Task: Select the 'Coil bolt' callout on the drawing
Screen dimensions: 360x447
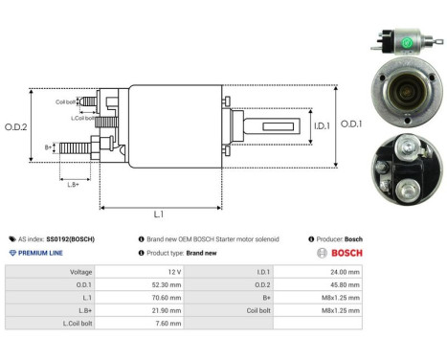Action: (x=65, y=101)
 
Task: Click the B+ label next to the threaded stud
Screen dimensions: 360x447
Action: (x=48, y=146)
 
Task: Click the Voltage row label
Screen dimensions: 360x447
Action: (x=79, y=272)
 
